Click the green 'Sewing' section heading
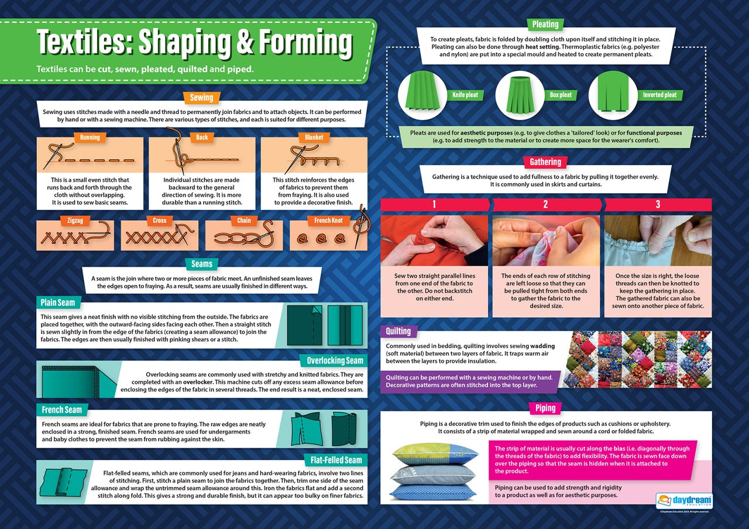tap(201, 98)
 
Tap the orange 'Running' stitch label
tap(90, 138)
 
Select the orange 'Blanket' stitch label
tap(314, 138)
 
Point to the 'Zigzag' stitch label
tap(67, 221)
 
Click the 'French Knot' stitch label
tap(328, 221)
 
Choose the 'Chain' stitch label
tap(244, 221)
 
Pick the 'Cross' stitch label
tap(160, 221)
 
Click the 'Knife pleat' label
tap(465, 95)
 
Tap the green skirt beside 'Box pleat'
tap(515, 94)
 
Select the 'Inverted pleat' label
tap(659, 95)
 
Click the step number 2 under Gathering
tap(545, 204)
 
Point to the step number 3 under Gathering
tap(658, 204)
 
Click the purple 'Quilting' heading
tap(398, 331)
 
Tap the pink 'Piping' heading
tap(545, 408)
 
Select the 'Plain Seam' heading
tap(58, 303)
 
